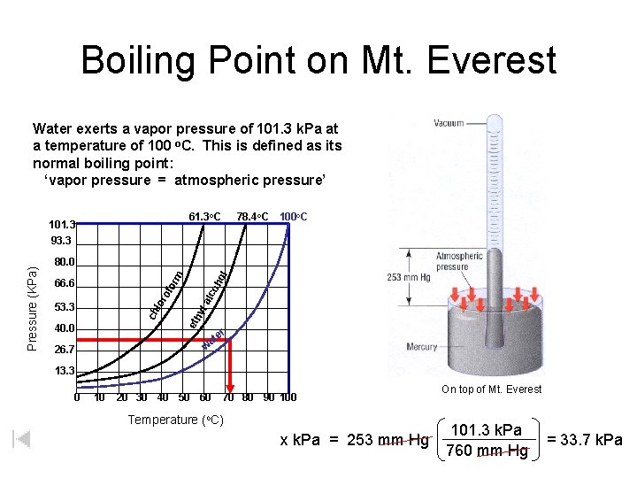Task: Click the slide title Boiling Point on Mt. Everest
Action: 318,61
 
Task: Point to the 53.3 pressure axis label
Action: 63,307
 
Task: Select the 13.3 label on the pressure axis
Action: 63,371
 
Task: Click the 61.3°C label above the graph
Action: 204,216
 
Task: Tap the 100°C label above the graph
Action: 293,216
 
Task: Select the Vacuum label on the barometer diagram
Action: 449,125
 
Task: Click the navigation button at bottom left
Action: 22,439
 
